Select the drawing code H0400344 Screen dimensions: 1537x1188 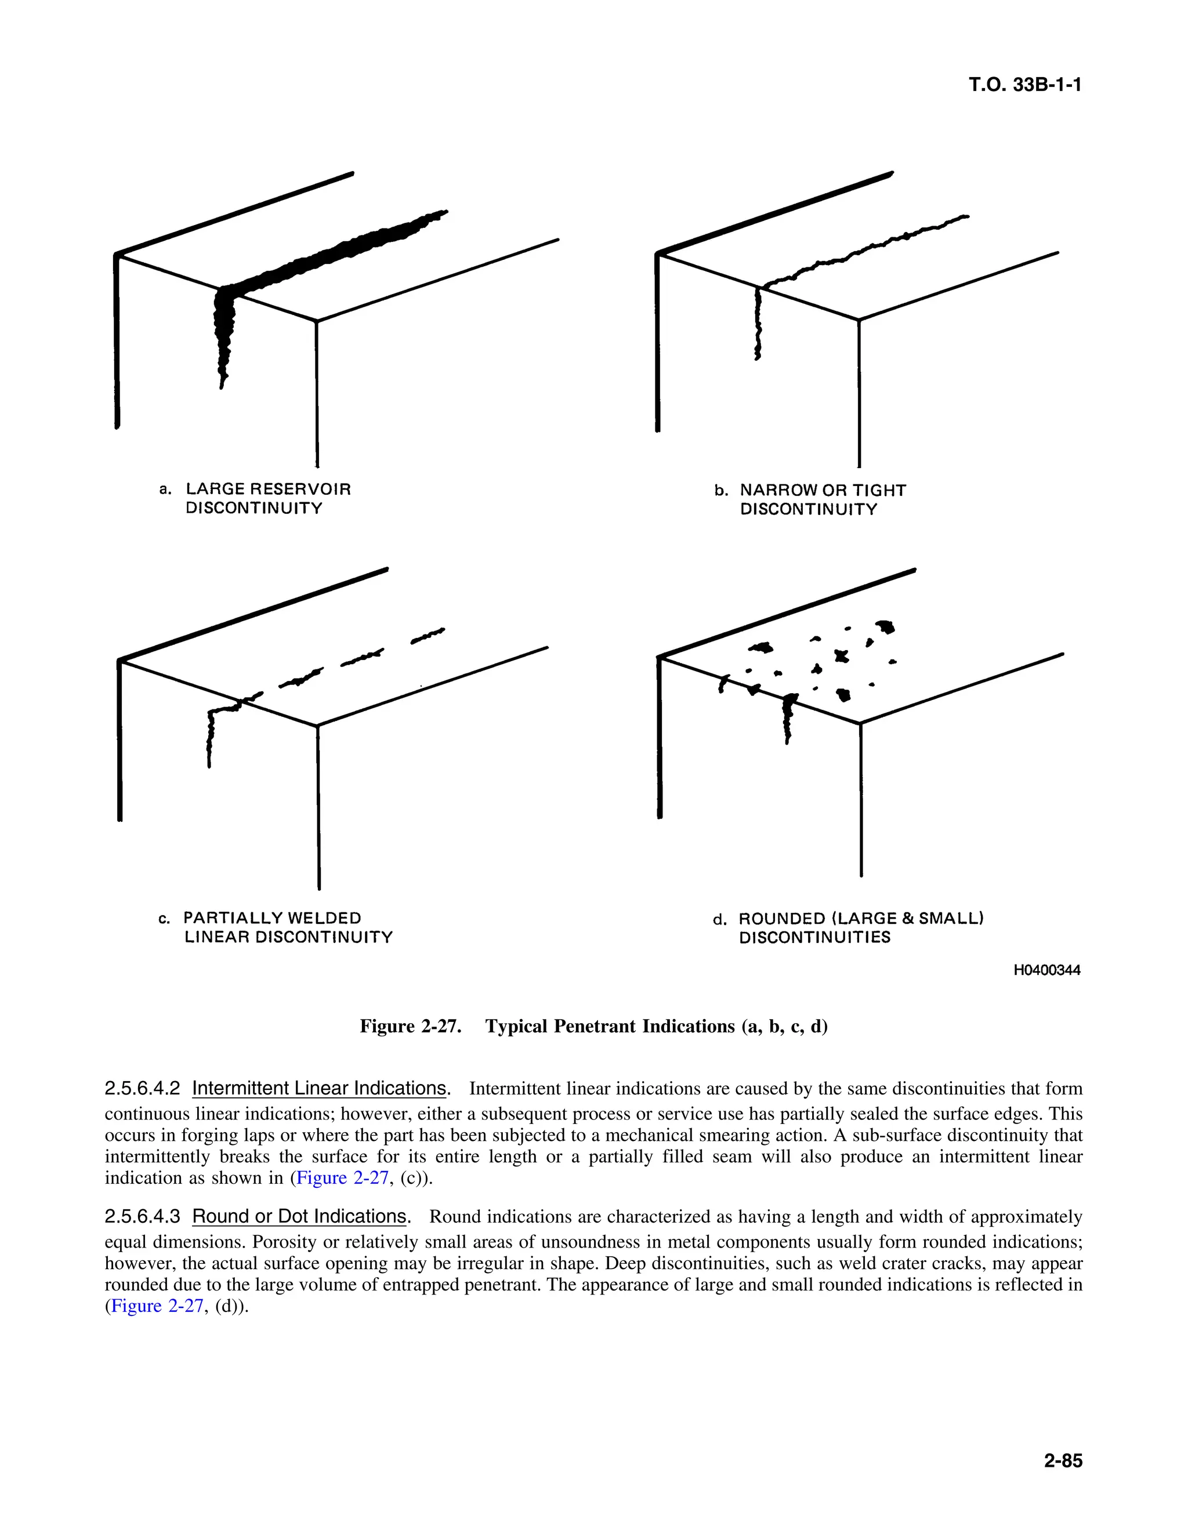1046,970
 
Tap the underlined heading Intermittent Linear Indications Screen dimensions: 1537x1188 320,1088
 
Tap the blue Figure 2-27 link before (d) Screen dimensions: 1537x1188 158,1306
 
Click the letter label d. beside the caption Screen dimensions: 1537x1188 719,920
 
